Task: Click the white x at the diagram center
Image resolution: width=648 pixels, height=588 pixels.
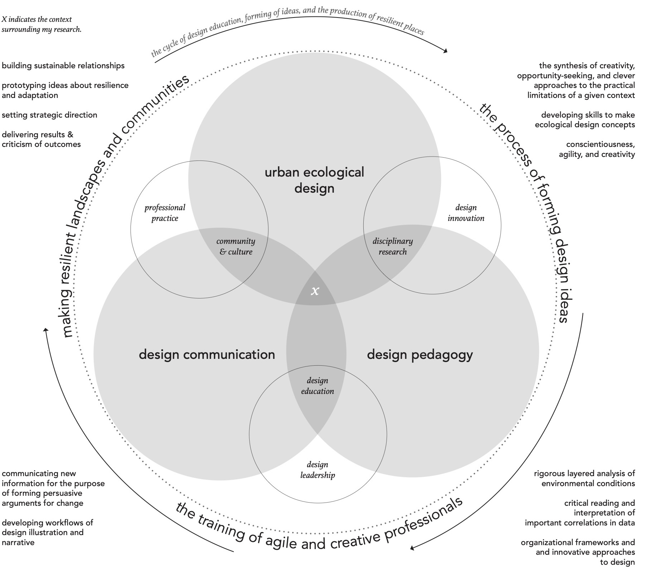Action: (315, 291)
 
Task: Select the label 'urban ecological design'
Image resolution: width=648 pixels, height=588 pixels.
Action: (314, 180)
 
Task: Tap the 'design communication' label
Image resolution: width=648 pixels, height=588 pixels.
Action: (207, 355)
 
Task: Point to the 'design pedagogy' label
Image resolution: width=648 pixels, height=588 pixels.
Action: (420, 355)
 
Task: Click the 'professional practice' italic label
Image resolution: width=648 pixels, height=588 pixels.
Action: (165, 213)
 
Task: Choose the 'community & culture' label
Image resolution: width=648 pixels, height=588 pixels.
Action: (236, 247)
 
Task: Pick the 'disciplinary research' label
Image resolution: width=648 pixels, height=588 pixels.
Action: (393, 247)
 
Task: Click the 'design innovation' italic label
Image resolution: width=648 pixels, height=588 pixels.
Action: (466, 213)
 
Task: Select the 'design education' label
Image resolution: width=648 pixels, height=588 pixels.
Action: (317, 386)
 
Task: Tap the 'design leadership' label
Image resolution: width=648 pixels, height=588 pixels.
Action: (317, 470)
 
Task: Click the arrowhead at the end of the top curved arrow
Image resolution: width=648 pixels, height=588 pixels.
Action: (446, 51)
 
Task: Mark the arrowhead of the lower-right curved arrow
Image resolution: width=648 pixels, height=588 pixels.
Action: (412, 548)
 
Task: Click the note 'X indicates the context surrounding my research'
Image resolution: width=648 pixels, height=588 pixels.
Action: (41, 24)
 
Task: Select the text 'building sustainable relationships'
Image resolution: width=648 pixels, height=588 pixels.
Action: (63, 66)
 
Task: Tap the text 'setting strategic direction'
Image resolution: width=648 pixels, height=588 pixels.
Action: (49, 115)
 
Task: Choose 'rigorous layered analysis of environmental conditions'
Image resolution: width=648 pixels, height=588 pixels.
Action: (584, 479)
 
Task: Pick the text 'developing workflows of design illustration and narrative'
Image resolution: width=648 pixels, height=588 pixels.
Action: (47, 532)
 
